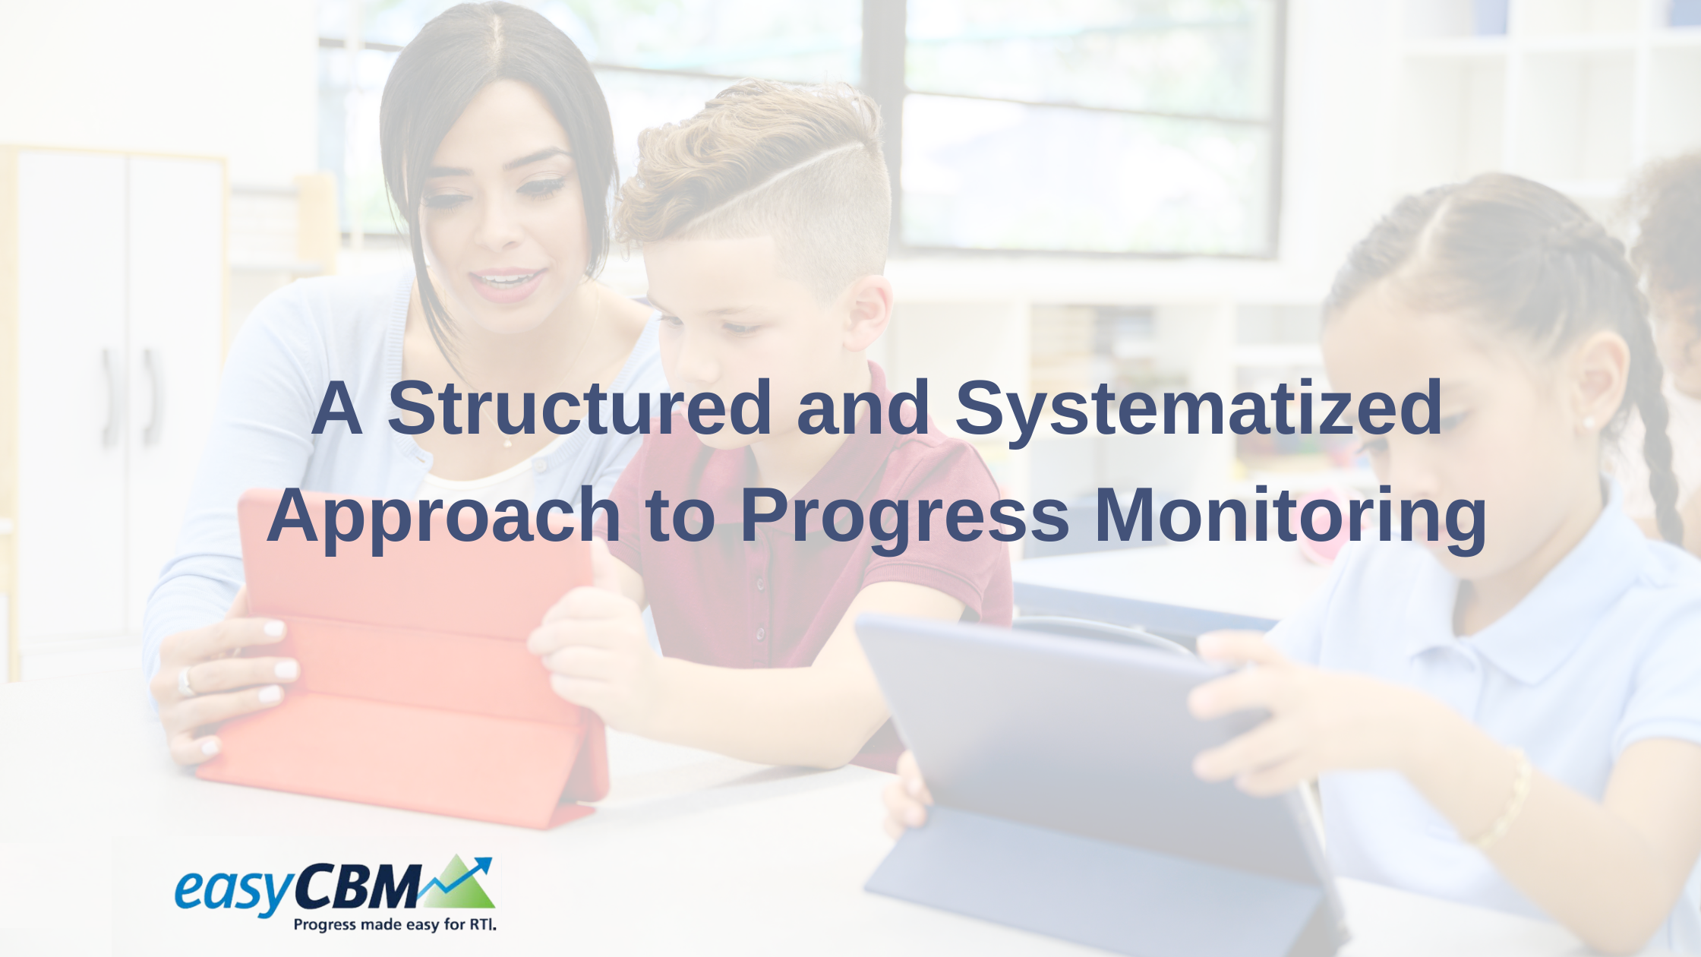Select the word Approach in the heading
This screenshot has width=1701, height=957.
point(443,516)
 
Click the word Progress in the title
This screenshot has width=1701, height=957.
point(904,516)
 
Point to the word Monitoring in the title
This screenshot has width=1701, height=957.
point(1289,516)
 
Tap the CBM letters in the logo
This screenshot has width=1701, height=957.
point(357,886)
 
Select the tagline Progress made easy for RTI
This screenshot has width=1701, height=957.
point(395,924)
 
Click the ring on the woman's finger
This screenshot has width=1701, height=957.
point(185,681)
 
